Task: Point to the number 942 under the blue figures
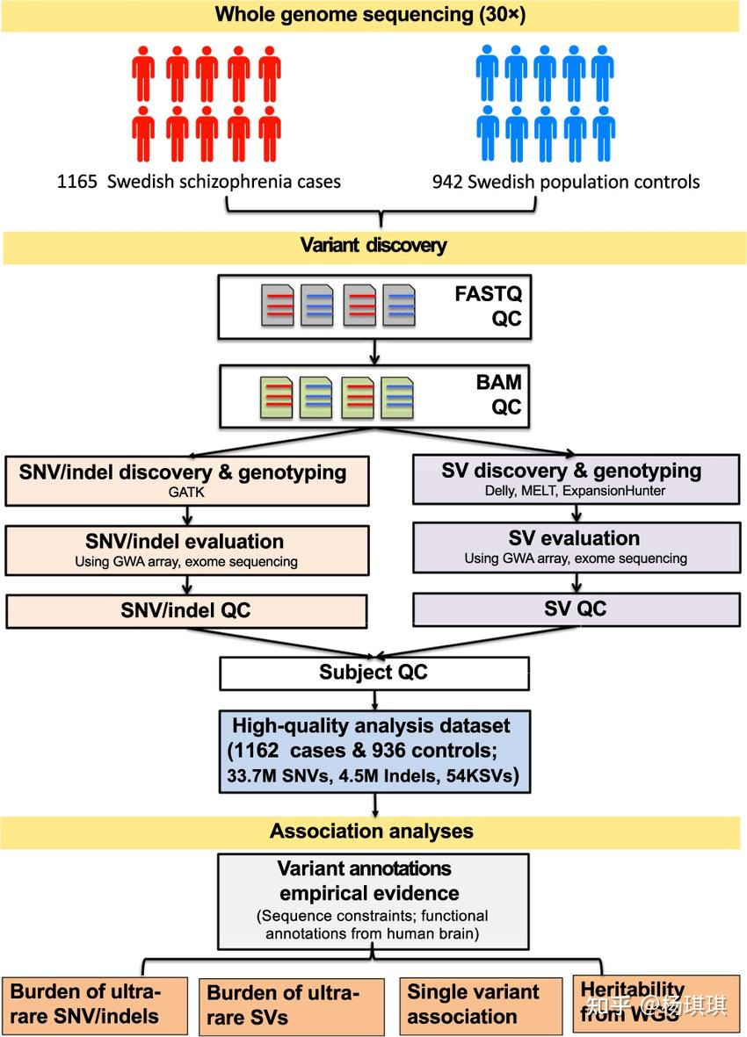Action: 449,182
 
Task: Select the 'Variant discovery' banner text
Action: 373,245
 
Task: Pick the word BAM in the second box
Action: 499,382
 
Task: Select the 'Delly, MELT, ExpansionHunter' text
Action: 575,491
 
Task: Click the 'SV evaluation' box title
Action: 575,537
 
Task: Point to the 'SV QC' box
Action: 576,609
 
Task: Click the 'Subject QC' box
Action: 373,673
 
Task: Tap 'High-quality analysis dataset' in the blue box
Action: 370,726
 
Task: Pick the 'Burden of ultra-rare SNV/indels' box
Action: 95,1005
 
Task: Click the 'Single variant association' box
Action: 480,1005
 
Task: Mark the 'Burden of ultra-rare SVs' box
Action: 291,1006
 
